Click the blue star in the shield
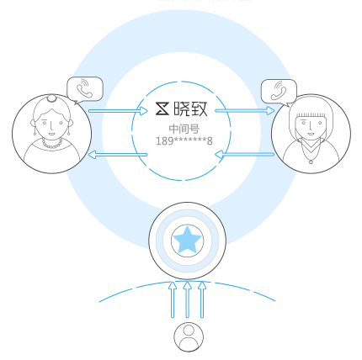[187, 240]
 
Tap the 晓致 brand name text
[190, 109]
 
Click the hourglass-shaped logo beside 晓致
[162, 109]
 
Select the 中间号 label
[184, 129]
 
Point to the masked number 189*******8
[184, 140]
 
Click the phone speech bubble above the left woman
[85, 90]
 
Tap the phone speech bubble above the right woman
[279, 92]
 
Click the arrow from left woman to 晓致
[118, 111]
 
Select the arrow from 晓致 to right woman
[245, 111]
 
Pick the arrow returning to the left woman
[118, 155]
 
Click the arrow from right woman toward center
[245, 154]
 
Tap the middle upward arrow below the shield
[188, 299]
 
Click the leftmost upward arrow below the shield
[173, 299]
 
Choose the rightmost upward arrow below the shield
[202, 299]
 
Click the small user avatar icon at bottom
[189, 336]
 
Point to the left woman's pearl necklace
[52, 144]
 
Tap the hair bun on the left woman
[51, 98]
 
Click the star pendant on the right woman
[311, 161]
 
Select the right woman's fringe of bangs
[311, 115]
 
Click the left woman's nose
[51, 127]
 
